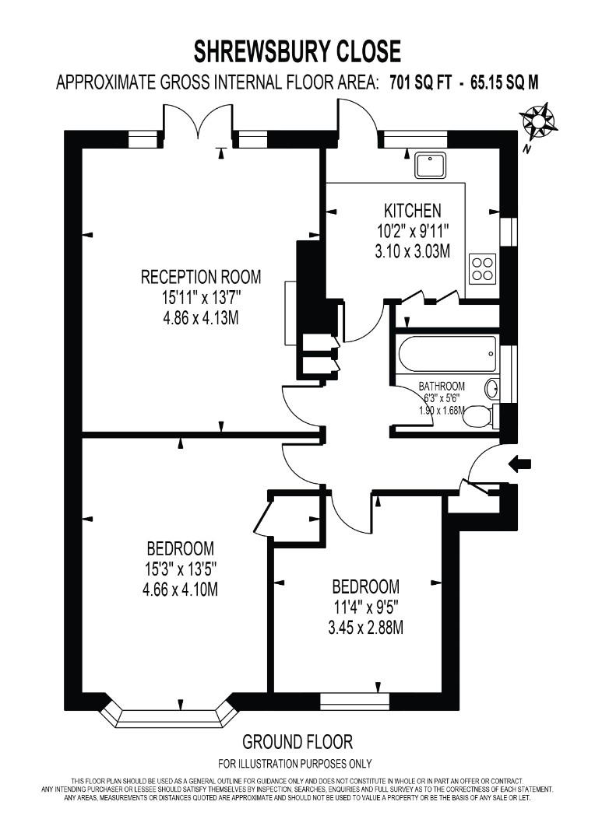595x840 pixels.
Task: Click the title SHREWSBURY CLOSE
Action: pos(297,51)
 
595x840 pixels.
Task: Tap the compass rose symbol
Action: pos(537,122)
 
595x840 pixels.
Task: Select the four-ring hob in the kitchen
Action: pos(483,268)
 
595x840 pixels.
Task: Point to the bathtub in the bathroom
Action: pos(447,355)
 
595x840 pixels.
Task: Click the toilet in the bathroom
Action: pos(478,418)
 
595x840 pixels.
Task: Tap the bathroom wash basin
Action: pos(493,387)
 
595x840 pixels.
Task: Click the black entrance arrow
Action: pos(519,464)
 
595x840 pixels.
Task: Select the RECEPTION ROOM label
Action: pos(200,277)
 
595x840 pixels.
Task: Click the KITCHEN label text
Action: pos(413,210)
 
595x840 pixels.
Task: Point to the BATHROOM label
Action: pos(442,386)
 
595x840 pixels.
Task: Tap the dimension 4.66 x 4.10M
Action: pos(180,590)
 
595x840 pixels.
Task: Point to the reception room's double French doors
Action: pos(198,124)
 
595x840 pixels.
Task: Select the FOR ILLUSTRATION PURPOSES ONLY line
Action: pos(295,763)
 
